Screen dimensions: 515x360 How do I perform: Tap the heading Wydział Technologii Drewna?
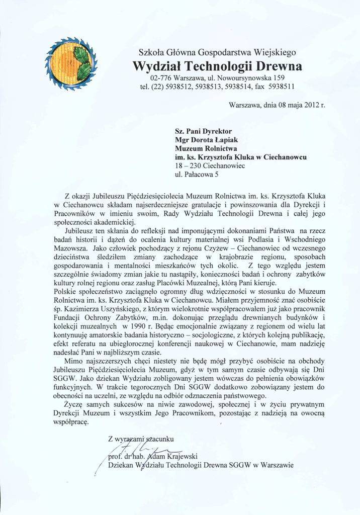click(x=217, y=66)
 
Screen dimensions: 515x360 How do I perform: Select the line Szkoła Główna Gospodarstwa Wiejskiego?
click(x=217, y=52)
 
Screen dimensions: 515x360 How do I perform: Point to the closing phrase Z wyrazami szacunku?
click(x=141, y=438)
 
